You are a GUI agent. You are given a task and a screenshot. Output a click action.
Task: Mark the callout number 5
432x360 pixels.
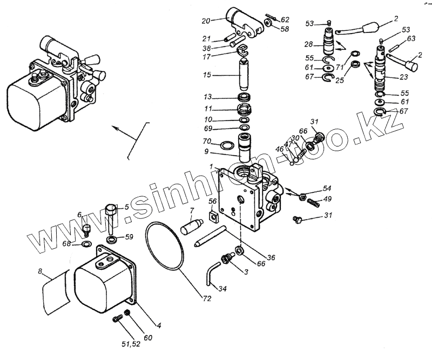coord(126,207)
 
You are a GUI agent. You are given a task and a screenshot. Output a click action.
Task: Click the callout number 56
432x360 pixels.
coord(213,202)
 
